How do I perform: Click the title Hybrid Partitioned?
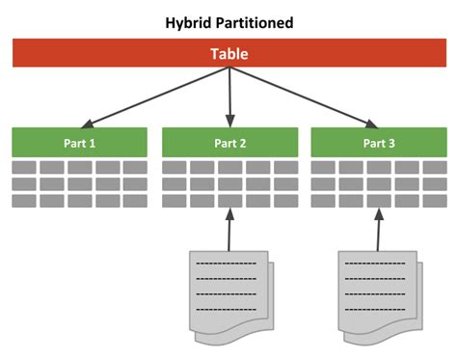coord(228,22)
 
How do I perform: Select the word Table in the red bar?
coord(228,54)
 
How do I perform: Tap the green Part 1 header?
coord(80,143)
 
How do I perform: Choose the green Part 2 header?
coord(229,143)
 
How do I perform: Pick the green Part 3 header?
coord(378,143)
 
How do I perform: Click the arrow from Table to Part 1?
coord(154,97)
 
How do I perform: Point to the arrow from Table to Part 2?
coord(229,97)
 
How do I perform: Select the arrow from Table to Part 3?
coord(304,97)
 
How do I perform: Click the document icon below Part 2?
coord(228,287)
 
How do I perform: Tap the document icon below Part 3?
coord(377,287)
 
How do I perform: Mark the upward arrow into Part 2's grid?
coord(229,228)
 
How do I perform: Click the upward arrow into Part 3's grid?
coord(378,228)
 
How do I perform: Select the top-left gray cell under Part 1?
coord(25,168)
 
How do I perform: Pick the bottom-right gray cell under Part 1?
coord(135,201)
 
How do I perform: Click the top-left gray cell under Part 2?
coord(175,168)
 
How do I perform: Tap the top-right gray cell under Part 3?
coord(433,168)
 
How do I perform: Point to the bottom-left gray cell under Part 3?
coord(323,201)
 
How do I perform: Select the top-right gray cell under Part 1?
coord(135,168)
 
